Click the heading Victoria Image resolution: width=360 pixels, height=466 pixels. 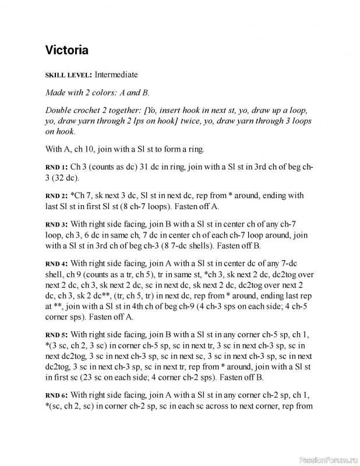coord(66,50)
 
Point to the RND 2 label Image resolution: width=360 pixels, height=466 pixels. coord(57,196)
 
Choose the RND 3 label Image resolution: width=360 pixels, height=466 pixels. coord(57,224)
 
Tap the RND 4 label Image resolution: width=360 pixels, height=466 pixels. coord(57,263)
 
